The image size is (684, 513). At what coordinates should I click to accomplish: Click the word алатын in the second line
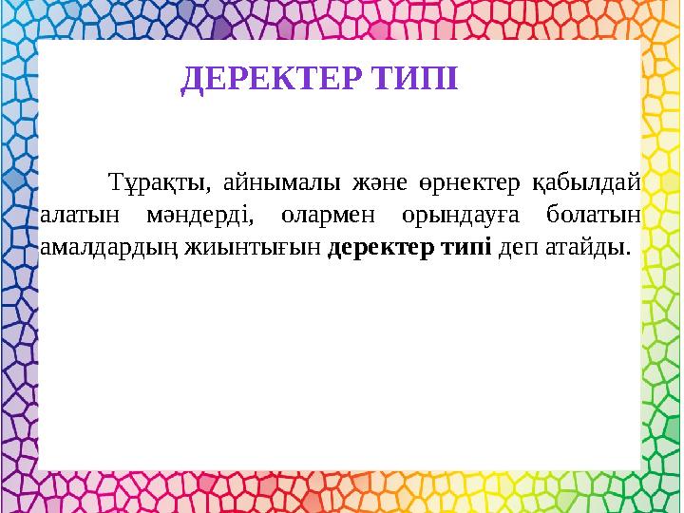[x=78, y=216]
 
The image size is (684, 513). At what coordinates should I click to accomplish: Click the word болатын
[x=596, y=216]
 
